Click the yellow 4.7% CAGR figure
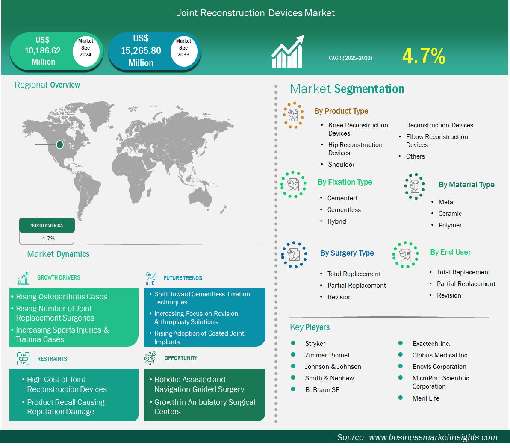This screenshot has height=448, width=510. coord(424,56)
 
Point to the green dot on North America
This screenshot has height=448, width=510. coord(60,144)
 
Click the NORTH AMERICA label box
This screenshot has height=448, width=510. coord(47,225)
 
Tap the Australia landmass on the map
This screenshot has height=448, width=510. coord(200,197)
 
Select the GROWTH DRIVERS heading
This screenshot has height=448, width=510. coord(59,277)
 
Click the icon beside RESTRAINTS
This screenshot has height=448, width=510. coord(23,359)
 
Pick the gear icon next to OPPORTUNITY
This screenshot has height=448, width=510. coord(150,358)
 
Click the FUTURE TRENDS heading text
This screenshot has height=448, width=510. coord(183,278)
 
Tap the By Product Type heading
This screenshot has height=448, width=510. coord(341,111)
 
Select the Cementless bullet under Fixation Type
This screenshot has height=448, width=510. coord(344,210)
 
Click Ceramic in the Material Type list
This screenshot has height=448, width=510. coord(450,214)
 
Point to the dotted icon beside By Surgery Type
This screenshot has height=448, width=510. coord(294,255)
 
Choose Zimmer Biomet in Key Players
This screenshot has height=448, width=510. coord(327,355)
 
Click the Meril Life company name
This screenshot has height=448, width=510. coord(426,398)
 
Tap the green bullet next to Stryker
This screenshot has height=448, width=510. coord(293,343)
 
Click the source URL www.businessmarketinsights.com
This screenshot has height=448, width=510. coord(433,438)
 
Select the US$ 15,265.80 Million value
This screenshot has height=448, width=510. coord(141,51)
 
